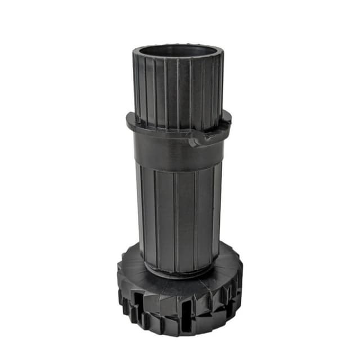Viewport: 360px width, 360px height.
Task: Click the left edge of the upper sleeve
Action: point(136,84)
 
